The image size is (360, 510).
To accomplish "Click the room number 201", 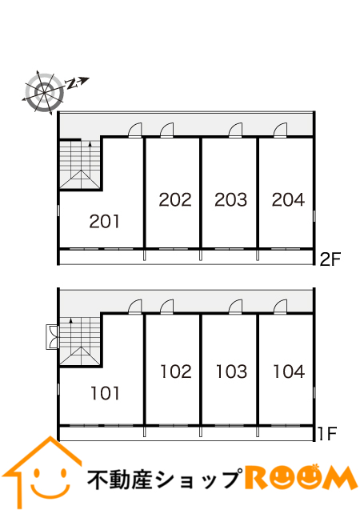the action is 105,222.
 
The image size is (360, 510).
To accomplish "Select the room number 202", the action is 175,199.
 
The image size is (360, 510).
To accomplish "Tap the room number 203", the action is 230,199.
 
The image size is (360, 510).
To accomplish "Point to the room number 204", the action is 289,199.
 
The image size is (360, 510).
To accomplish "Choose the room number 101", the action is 106,393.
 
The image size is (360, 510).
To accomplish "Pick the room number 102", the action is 176,371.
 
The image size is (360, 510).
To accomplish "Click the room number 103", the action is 232,371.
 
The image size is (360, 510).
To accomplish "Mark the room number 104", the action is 289,371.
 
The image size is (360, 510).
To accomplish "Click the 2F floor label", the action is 330,259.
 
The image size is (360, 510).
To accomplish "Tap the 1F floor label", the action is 327,433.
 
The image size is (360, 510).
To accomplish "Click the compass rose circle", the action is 44,92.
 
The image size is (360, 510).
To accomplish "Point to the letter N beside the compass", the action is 71,84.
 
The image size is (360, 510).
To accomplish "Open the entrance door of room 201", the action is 135,131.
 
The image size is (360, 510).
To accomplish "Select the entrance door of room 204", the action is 280,131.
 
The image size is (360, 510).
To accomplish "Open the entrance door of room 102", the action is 167,307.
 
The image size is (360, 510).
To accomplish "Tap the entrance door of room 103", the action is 235,307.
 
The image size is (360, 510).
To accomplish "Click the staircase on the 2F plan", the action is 80,165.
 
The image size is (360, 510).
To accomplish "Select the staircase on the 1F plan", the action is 80,341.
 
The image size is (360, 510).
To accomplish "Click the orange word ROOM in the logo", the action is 301,477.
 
